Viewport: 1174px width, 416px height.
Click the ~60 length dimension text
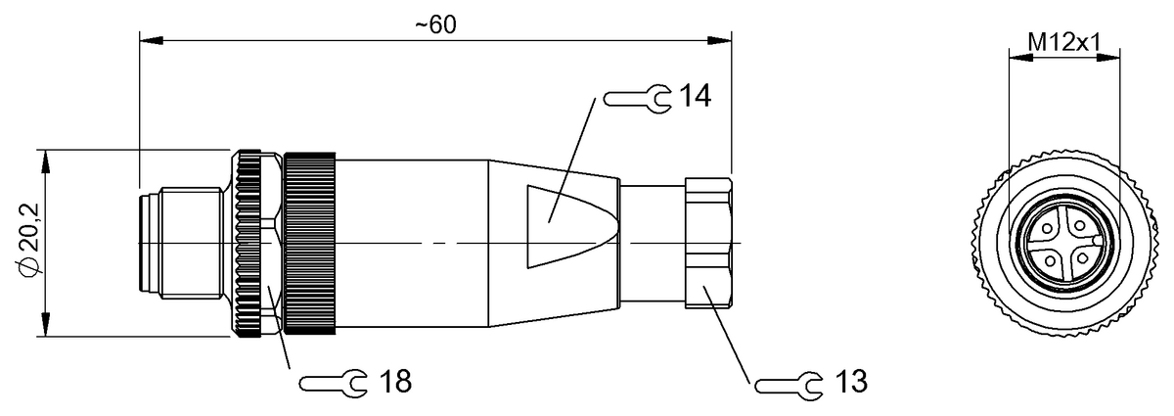435,24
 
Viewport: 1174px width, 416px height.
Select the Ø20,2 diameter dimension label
29,242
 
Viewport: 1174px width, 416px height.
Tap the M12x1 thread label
1063,40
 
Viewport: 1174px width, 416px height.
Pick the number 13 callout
851,382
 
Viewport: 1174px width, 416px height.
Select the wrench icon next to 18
333,383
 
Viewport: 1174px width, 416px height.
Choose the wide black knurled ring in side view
309,243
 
